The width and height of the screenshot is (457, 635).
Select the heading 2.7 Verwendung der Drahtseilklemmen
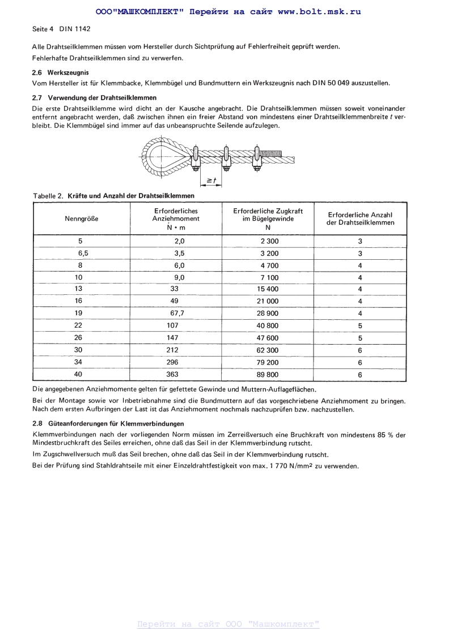tap(94, 98)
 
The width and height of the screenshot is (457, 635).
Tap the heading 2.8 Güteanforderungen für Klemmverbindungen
tap(108, 423)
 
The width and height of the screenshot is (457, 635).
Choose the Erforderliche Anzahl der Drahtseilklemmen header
tap(360, 219)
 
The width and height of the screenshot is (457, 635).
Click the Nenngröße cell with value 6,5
tap(83, 253)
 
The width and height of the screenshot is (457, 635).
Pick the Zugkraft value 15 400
tap(268, 289)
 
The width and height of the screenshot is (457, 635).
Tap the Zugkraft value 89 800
tap(268, 374)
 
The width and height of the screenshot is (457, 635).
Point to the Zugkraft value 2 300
tap(268, 241)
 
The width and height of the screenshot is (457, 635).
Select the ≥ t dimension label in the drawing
tap(210, 181)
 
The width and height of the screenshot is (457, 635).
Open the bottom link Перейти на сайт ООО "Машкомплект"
tap(228, 624)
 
